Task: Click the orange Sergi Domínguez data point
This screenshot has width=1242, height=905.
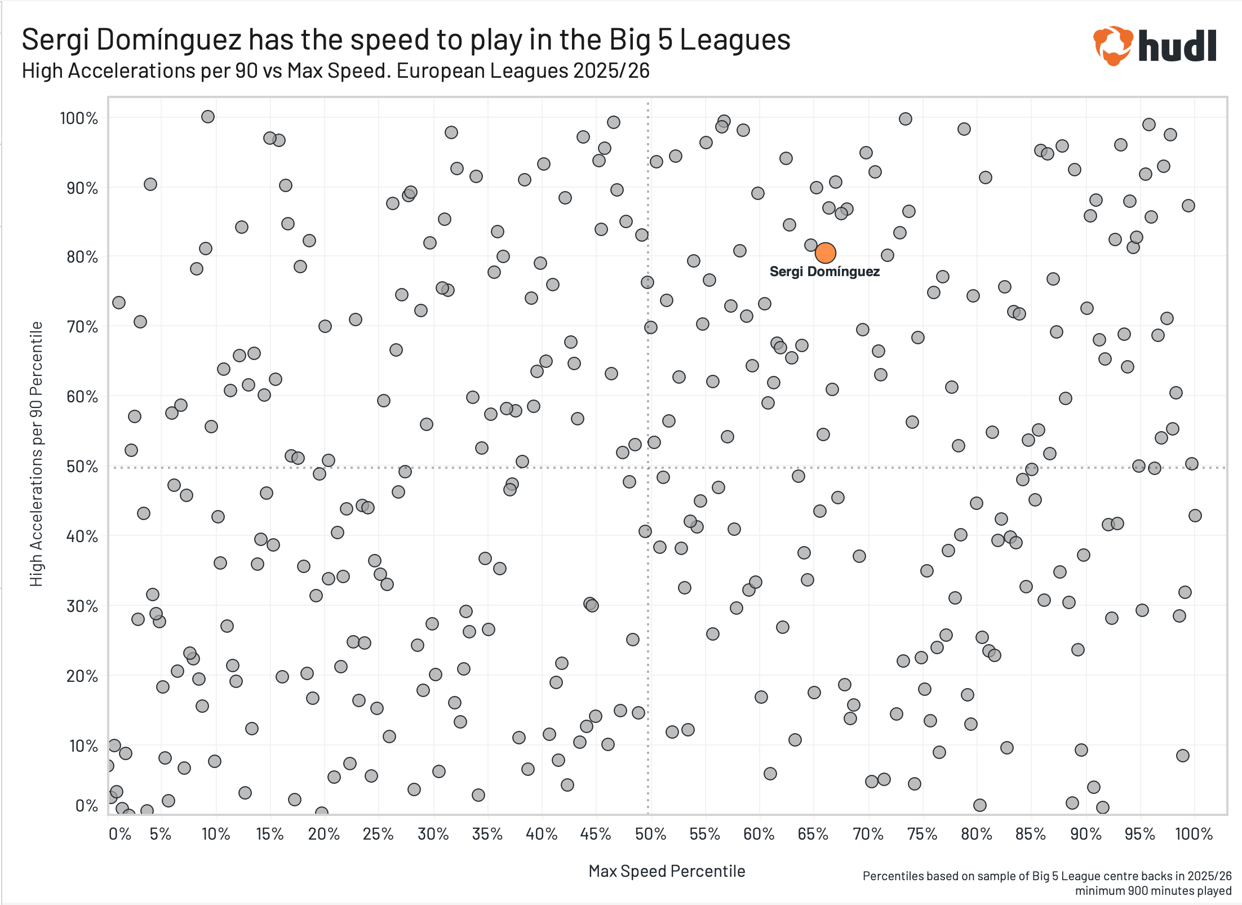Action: coord(825,253)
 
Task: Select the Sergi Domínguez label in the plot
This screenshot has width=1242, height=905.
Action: coord(824,272)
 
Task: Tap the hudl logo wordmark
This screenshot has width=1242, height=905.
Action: coord(1177,46)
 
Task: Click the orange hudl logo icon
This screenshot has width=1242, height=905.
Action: coord(1112,45)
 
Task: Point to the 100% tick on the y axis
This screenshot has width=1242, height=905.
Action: coord(79,118)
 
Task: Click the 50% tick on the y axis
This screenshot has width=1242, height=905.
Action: coord(82,467)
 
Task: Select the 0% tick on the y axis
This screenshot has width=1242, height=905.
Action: coord(87,806)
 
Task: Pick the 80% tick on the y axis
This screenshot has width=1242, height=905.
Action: coord(82,257)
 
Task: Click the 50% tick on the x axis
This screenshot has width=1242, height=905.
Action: coord(650,834)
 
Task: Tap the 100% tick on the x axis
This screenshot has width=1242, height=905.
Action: coord(1194,834)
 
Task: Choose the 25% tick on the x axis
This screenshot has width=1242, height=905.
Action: coord(378,834)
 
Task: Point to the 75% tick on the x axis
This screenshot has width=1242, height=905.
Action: coord(922,834)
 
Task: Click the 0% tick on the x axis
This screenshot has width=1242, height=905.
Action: coord(119,834)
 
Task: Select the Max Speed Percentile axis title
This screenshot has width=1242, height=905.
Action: coord(667,871)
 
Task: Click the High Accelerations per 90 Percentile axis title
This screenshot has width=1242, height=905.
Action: coord(36,454)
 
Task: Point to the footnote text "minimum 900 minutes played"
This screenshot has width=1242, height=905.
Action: coord(1153,891)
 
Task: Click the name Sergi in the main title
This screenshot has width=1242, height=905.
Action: coord(56,39)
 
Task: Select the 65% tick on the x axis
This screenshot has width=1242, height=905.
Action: coord(813,834)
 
